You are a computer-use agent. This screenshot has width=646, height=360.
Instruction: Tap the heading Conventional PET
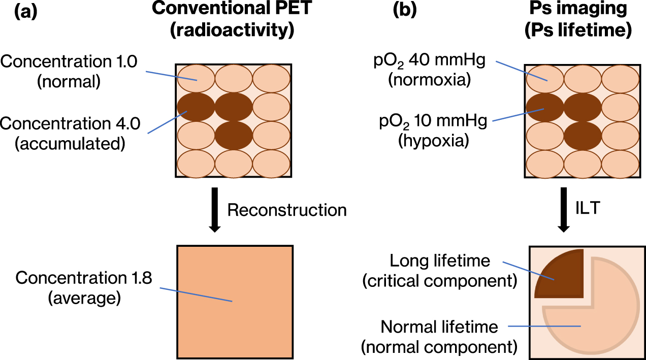233,11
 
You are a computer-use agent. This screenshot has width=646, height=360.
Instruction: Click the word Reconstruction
287,210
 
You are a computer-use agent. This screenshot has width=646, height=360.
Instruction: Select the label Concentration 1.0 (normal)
69,71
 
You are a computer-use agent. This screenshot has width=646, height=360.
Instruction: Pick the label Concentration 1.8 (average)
84,288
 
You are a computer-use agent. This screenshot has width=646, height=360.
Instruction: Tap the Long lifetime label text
440,271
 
